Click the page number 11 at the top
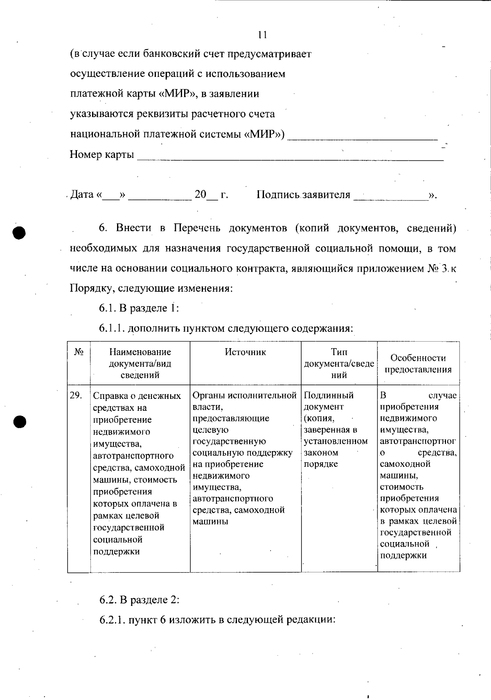tap(263, 35)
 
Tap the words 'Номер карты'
tap(102, 155)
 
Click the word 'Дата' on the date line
tap(82, 194)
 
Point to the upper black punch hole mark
tap(19, 232)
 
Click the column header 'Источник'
tap(245, 352)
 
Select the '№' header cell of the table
tap(79, 352)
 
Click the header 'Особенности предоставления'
tap(418, 363)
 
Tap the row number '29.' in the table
tap(76, 395)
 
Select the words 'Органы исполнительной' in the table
tap(244, 395)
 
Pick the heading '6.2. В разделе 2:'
tap(140, 600)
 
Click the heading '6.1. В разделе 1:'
tap(139, 308)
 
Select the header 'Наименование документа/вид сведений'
tap(140, 363)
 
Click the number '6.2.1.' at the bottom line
tap(112, 620)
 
